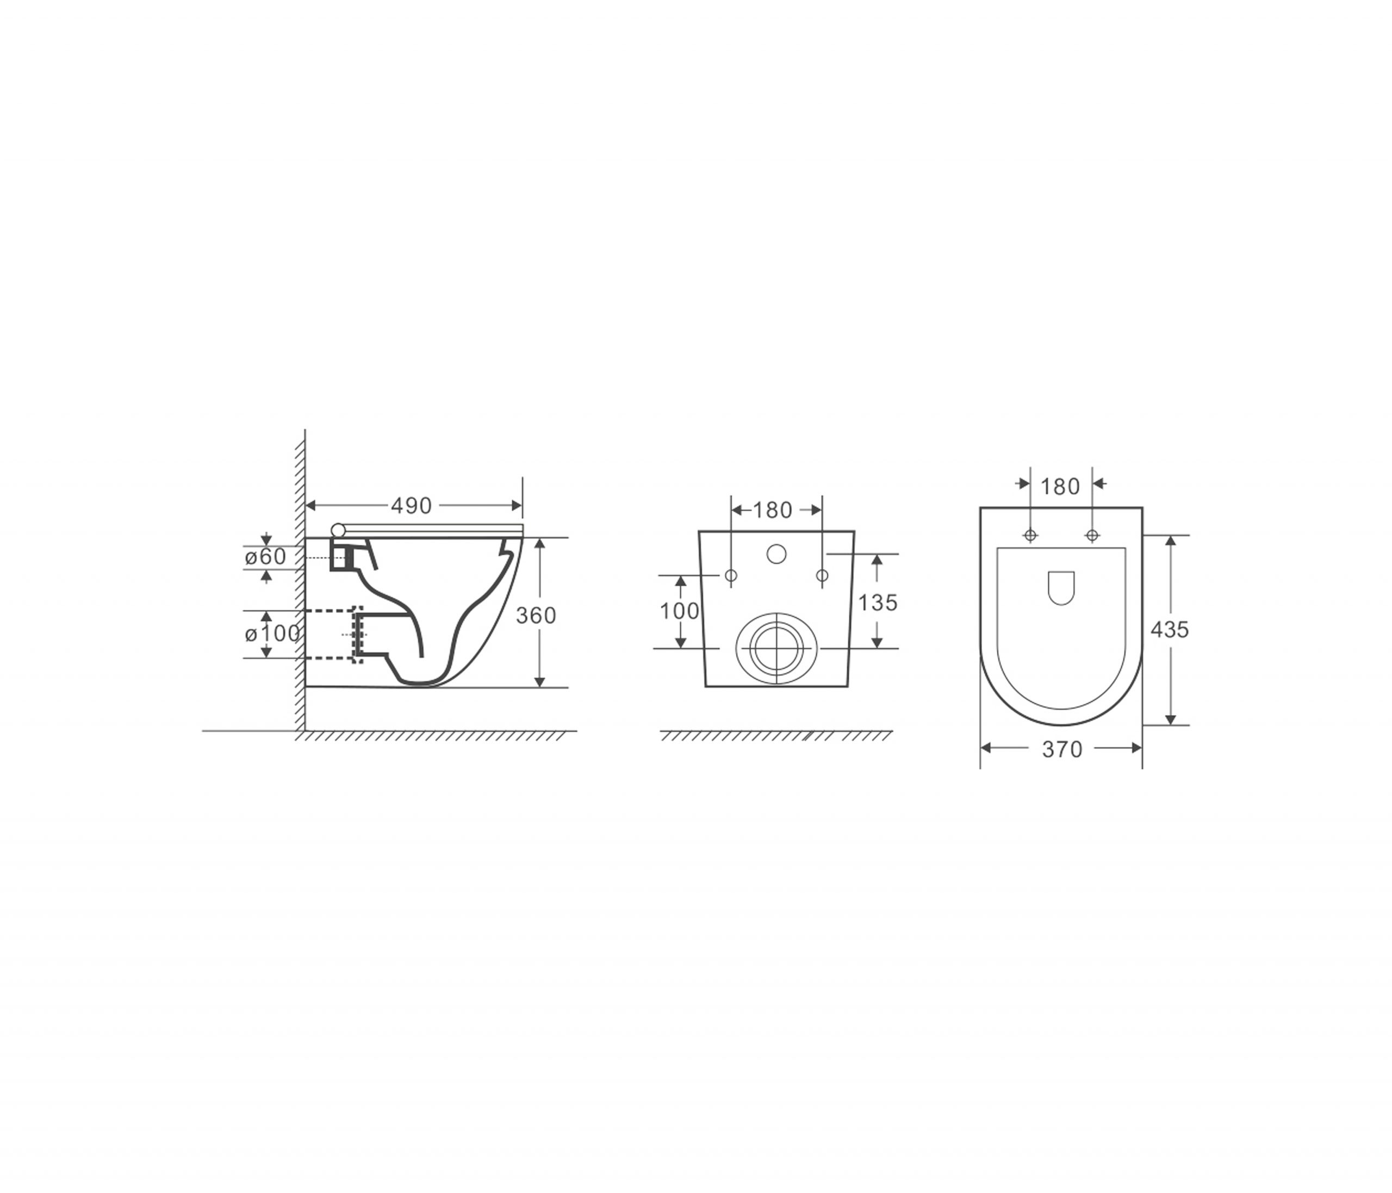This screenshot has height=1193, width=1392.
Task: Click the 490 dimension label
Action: point(411,506)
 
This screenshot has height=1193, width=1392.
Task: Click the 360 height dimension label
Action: point(536,616)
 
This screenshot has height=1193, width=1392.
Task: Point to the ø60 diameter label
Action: point(265,556)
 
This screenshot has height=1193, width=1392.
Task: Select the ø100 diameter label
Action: point(272,633)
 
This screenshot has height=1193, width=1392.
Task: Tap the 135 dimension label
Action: point(878,602)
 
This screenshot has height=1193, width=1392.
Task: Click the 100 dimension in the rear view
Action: point(679,611)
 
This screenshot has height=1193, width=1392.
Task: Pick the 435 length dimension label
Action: point(1170,630)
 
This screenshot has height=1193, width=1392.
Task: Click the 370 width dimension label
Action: point(1062,749)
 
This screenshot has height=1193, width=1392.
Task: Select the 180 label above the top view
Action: point(1060,486)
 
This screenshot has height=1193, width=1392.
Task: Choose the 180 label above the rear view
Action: point(773,511)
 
